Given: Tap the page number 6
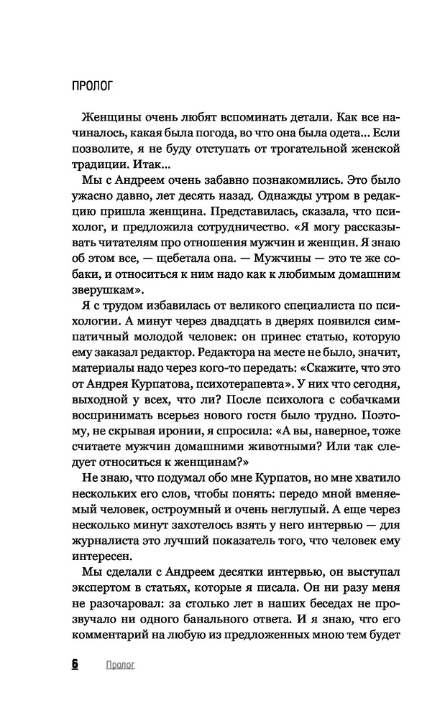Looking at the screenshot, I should (75, 665).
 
